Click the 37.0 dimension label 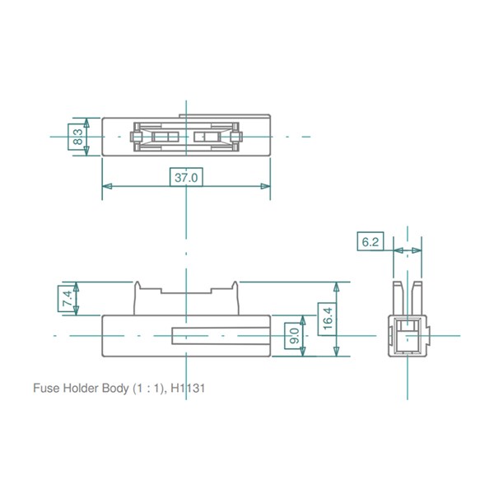point(186,177)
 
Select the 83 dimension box point(77,137)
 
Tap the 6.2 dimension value point(370,241)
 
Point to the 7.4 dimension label point(68,298)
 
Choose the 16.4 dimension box point(328,319)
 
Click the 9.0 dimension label point(294,336)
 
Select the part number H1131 point(188,388)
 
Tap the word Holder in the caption point(81,388)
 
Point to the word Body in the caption point(115,389)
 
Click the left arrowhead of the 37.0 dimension point(107,186)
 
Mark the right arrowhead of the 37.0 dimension point(265,186)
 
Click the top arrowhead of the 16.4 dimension point(337,287)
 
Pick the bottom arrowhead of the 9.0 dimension point(303,352)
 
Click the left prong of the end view point(398,298)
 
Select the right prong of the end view point(417,298)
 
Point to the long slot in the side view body point(221,336)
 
